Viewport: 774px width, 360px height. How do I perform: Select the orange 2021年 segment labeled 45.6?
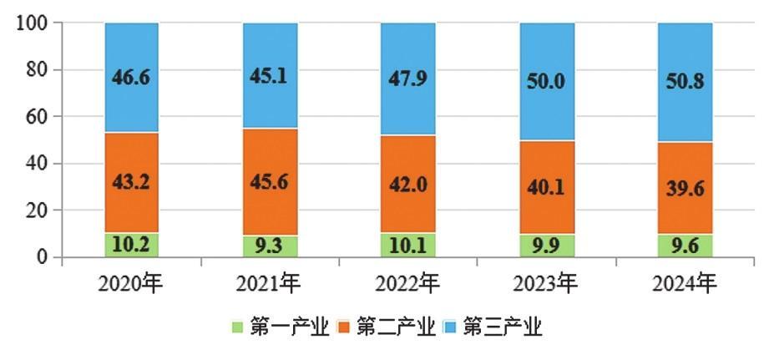pyautogui.click(x=270, y=159)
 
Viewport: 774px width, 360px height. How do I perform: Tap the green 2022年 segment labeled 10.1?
pyautogui.click(x=407, y=245)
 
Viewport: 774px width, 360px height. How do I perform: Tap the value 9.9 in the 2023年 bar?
pyautogui.click(x=547, y=246)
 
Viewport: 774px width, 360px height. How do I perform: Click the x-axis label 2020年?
pyautogui.click(x=130, y=285)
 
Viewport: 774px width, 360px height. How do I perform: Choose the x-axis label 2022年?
pyautogui.click(x=407, y=285)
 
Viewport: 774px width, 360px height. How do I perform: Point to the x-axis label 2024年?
pyautogui.click(x=685, y=285)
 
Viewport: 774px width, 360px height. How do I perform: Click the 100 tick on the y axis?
pyautogui.click(x=33, y=23)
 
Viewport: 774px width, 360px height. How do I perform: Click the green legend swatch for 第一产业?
pyautogui.click(x=236, y=326)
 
